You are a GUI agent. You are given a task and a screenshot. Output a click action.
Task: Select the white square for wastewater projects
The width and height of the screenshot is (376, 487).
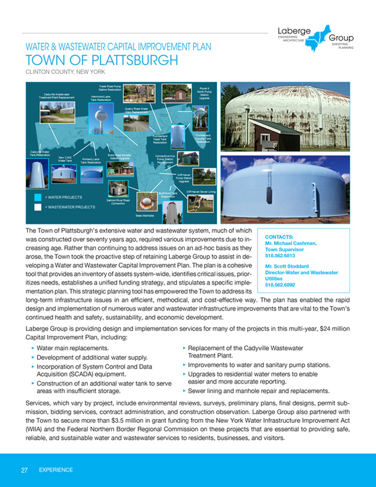(38, 207)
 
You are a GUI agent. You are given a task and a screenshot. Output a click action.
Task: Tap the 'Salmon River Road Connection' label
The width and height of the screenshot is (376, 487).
(118, 202)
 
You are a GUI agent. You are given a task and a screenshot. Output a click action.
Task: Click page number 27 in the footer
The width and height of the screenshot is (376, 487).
(25, 470)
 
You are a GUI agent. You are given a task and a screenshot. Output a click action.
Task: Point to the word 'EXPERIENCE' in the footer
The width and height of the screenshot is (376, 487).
(56, 470)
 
